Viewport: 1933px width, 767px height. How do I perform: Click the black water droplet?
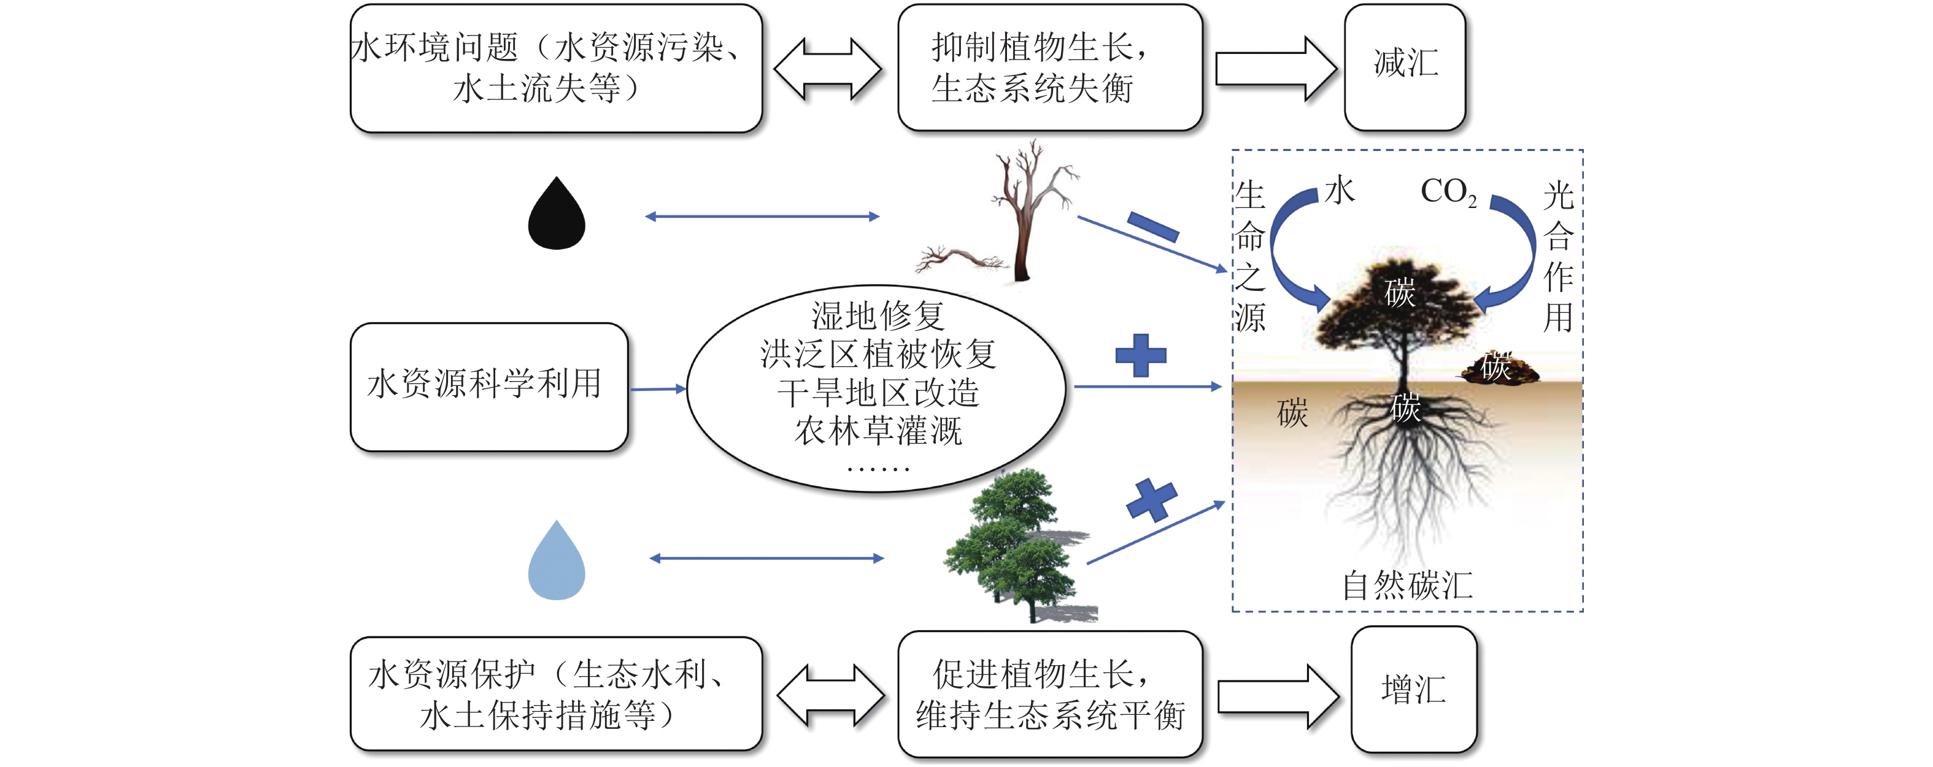pyautogui.click(x=556, y=216)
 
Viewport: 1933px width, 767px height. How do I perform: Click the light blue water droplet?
pyautogui.click(x=556, y=563)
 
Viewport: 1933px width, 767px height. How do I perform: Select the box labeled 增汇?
pyautogui.click(x=1414, y=690)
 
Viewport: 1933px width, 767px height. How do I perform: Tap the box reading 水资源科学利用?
pyautogui.click(x=488, y=387)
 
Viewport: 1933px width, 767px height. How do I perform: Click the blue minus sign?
pyautogui.click(x=1152, y=226)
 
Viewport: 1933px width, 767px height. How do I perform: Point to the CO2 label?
pyautogui.click(x=1448, y=192)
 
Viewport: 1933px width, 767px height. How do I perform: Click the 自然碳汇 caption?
pyautogui.click(x=1407, y=585)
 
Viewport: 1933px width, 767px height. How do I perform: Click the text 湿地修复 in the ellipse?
pyautogui.click(x=877, y=315)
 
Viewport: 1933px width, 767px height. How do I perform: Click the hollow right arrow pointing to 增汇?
pyautogui.click(x=1276, y=696)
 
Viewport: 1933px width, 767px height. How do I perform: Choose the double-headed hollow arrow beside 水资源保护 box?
pyautogui.click(x=830, y=696)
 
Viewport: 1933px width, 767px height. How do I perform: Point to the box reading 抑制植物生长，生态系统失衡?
pyautogui.click(x=1050, y=67)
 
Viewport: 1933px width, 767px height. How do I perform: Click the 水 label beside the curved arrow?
pyautogui.click(x=1339, y=191)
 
